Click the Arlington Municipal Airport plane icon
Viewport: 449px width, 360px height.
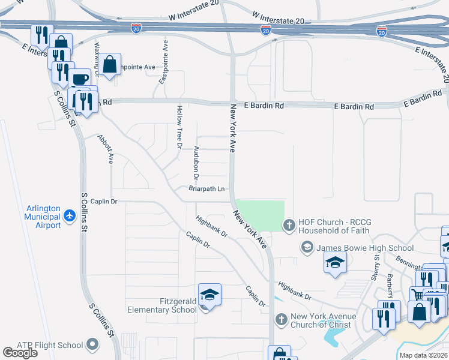(70, 214)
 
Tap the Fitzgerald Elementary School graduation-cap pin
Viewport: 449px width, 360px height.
(209, 295)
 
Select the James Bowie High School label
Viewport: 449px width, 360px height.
(365, 248)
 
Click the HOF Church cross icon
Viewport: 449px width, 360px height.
(289, 226)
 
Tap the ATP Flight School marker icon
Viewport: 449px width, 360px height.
(92, 344)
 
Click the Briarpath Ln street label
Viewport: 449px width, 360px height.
(206, 189)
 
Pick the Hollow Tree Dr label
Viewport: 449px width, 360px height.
(179, 126)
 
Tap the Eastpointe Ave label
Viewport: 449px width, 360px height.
(162, 68)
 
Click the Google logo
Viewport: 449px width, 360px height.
(20, 353)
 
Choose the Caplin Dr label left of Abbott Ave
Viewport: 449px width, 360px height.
(105, 202)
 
